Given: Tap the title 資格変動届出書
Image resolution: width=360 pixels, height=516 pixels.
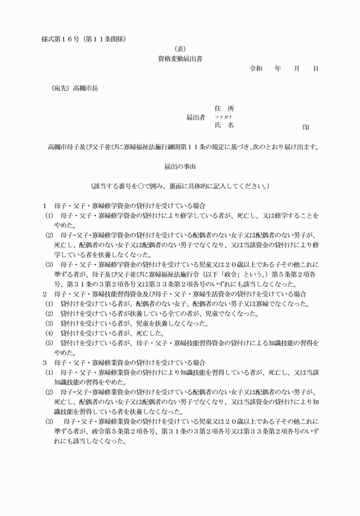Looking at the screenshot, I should tap(180, 58).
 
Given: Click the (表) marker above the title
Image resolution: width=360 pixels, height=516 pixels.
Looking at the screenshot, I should tap(180, 49).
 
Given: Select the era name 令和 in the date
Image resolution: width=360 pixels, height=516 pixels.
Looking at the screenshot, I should tap(256, 69).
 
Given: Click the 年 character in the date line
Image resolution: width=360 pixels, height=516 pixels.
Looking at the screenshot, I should tap(278, 69).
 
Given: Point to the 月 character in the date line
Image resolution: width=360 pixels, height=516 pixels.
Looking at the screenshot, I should tap(297, 69).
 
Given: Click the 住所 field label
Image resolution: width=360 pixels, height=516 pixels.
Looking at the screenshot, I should tap(224, 109).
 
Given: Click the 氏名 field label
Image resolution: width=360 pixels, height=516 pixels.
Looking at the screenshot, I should tap(224, 125).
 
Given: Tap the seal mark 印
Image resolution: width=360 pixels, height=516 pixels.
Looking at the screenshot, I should tap(306, 127).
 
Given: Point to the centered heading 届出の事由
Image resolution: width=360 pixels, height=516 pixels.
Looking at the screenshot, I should tap(180, 166).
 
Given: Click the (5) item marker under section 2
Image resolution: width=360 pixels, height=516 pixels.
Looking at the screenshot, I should tap(49, 343).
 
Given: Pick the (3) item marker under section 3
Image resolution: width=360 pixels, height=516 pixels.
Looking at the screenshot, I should tap(49, 422).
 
